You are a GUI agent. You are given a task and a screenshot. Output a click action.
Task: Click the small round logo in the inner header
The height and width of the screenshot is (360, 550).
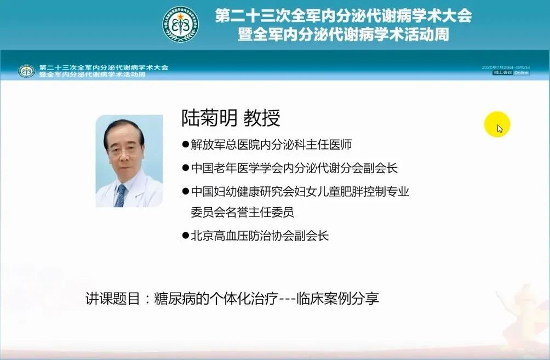coord(26,71)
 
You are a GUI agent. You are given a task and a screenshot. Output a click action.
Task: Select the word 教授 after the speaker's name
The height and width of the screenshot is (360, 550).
coord(262,118)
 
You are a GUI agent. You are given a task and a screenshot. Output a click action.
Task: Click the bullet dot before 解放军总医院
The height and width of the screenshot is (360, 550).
coord(186,145)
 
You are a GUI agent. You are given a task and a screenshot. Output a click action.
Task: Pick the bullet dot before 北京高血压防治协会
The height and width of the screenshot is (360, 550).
coord(186,236)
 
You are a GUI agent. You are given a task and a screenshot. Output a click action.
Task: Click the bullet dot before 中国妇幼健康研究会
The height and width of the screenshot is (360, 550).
coord(186,192)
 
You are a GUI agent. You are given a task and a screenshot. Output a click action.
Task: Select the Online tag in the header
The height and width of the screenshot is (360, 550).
coord(522,72)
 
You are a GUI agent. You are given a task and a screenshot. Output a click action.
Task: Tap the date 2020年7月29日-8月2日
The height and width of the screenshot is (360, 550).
coord(506,67)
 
